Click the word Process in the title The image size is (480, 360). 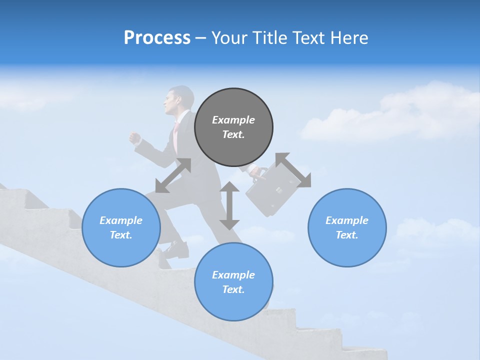click(157, 38)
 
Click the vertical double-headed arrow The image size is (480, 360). click(229, 205)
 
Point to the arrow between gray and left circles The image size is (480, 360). click(173, 175)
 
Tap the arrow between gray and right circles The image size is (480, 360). click(293, 170)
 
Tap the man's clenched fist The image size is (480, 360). click(134, 138)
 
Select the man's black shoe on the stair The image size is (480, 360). click(174, 249)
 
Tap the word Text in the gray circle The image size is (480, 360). click(233, 134)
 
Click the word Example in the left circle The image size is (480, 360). click(121, 220)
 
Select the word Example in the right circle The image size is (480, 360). click(347, 220)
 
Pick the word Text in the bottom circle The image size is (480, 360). click(233, 289)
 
